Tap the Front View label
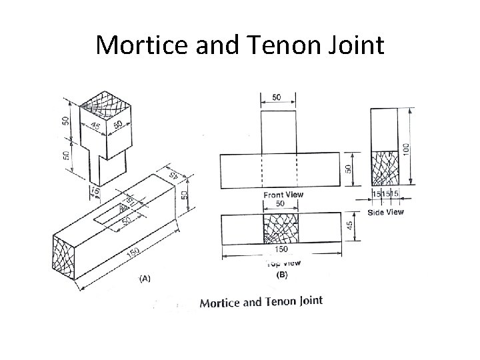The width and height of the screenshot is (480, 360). (x=283, y=195)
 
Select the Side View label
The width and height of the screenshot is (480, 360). (x=385, y=212)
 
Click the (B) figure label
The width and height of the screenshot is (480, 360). (x=283, y=273)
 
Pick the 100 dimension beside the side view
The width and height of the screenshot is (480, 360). (x=417, y=145)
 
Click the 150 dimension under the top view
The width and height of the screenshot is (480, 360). (x=281, y=250)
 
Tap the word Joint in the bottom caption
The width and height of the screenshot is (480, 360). (x=307, y=301)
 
